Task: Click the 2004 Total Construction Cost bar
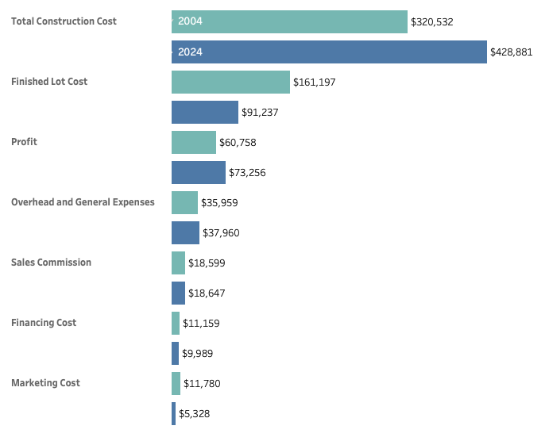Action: click(289, 21)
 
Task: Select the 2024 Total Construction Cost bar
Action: click(329, 52)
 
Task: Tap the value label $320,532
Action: click(432, 22)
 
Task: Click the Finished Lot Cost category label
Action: click(49, 82)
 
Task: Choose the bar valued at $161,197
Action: click(230, 82)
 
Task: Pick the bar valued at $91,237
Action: click(205, 113)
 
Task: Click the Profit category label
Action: click(25, 142)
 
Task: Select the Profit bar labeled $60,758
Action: click(194, 143)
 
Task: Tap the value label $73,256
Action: click(247, 173)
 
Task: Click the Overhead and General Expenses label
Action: click(83, 202)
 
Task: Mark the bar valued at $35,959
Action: click(184, 203)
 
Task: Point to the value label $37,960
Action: click(221, 233)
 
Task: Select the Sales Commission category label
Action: click(51, 263)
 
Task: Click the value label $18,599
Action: click(207, 263)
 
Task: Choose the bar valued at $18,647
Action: click(178, 293)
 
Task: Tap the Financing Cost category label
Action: click(44, 323)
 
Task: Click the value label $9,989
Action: click(197, 354)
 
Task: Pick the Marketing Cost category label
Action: click(45, 383)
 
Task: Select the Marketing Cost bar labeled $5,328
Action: click(173, 414)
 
